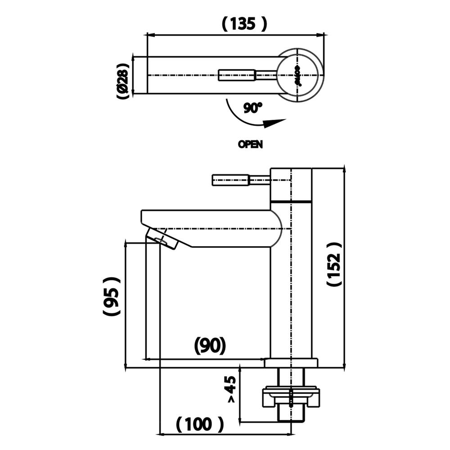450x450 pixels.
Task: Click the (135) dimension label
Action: pos(244,23)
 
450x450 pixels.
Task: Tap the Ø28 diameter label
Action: pos(122,75)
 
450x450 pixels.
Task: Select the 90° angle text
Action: pos(252,108)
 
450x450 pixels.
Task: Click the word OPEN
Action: pos(250,145)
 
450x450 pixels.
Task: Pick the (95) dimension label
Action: pos(110,297)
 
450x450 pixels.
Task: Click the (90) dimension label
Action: pos(209,346)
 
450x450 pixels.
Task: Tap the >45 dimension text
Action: pos(230,389)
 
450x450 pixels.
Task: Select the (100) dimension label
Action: pos(198,423)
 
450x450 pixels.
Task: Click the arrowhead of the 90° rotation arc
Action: pos(274,123)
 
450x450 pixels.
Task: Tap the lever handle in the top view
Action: pos(238,75)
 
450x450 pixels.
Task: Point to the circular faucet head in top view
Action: pos(299,75)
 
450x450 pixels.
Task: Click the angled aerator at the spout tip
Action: pos(163,239)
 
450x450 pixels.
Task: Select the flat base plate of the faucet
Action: pos(291,363)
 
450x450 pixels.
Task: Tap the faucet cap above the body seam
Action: pos(291,184)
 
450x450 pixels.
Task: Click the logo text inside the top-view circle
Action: pos(297,75)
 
